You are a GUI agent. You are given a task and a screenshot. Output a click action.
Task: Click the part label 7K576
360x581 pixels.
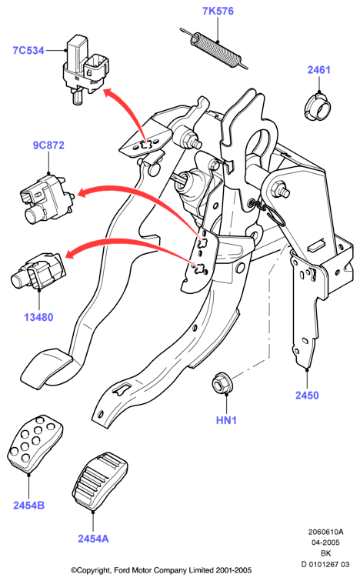pos(218,11)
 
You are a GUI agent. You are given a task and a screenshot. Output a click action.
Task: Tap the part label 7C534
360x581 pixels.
pos(28,50)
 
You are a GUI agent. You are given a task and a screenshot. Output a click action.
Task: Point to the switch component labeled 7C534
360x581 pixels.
pos(85,69)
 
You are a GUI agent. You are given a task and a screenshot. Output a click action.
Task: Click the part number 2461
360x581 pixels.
pos(318,70)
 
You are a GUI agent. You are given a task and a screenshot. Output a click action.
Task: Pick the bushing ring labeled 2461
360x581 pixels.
pos(318,107)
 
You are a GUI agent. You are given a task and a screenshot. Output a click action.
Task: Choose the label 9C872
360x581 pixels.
pos(48,145)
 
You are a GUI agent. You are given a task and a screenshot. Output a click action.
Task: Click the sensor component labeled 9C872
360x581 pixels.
pos(47,198)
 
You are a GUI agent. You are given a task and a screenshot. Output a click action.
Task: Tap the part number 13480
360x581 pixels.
pos(38,317)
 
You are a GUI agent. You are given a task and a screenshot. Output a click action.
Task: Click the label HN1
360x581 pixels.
pos(226,420)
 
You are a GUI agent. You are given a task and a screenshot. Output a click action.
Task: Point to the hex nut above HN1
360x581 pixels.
pos(222,383)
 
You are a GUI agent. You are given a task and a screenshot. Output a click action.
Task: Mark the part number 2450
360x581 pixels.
pos(307,395)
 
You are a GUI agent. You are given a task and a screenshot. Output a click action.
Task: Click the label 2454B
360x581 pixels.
pos(29,505)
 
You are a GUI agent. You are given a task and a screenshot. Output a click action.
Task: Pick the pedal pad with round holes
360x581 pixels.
pos(35,443)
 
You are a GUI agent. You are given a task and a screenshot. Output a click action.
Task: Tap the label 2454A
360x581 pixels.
pos(93,539)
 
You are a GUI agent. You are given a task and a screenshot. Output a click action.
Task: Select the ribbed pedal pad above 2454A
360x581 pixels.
pos(100,481)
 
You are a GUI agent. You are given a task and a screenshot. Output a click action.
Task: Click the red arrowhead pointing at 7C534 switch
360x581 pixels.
pos(108,92)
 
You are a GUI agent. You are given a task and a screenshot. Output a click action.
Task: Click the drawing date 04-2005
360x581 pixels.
pos(325,543)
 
